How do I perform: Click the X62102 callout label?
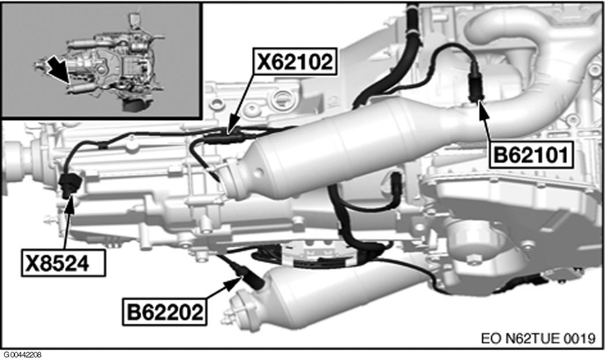coord(294,62)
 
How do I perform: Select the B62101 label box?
coord(531,155)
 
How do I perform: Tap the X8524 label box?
coord(63,263)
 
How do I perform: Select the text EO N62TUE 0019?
coord(538,338)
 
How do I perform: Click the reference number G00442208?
coord(22,355)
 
